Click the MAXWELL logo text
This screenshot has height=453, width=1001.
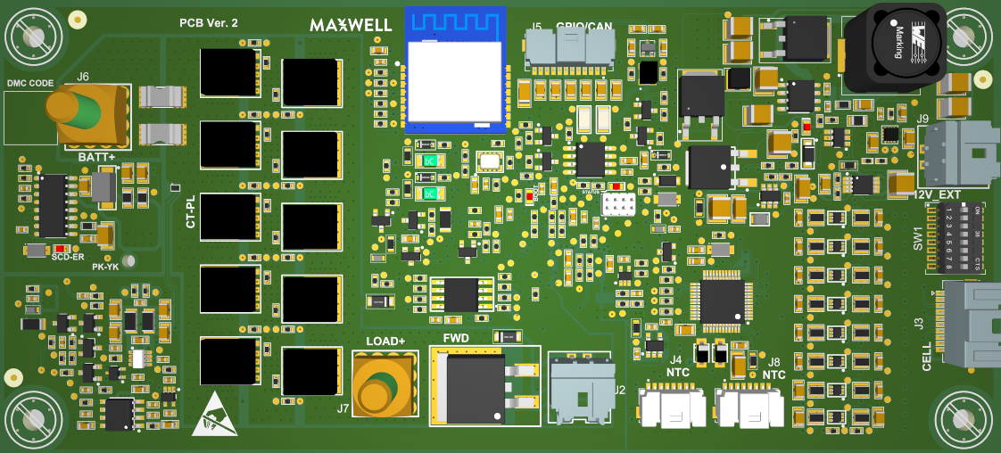tap(351, 26)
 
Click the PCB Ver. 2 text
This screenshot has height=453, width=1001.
tap(209, 23)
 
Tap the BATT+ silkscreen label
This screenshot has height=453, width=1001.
tap(97, 158)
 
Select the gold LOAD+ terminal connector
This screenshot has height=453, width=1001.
tap(385, 383)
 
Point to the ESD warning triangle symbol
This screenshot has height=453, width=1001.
tap(215, 415)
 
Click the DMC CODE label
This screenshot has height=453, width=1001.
tap(30, 84)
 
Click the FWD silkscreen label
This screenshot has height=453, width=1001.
tap(456, 338)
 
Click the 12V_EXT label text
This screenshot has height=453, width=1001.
tap(938, 195)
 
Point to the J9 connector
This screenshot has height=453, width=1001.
tap(955, 153)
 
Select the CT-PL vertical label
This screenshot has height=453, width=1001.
tap(190, 212)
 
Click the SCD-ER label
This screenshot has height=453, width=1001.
tap(68, 257)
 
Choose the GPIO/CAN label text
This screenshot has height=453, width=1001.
tap(583, 27)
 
